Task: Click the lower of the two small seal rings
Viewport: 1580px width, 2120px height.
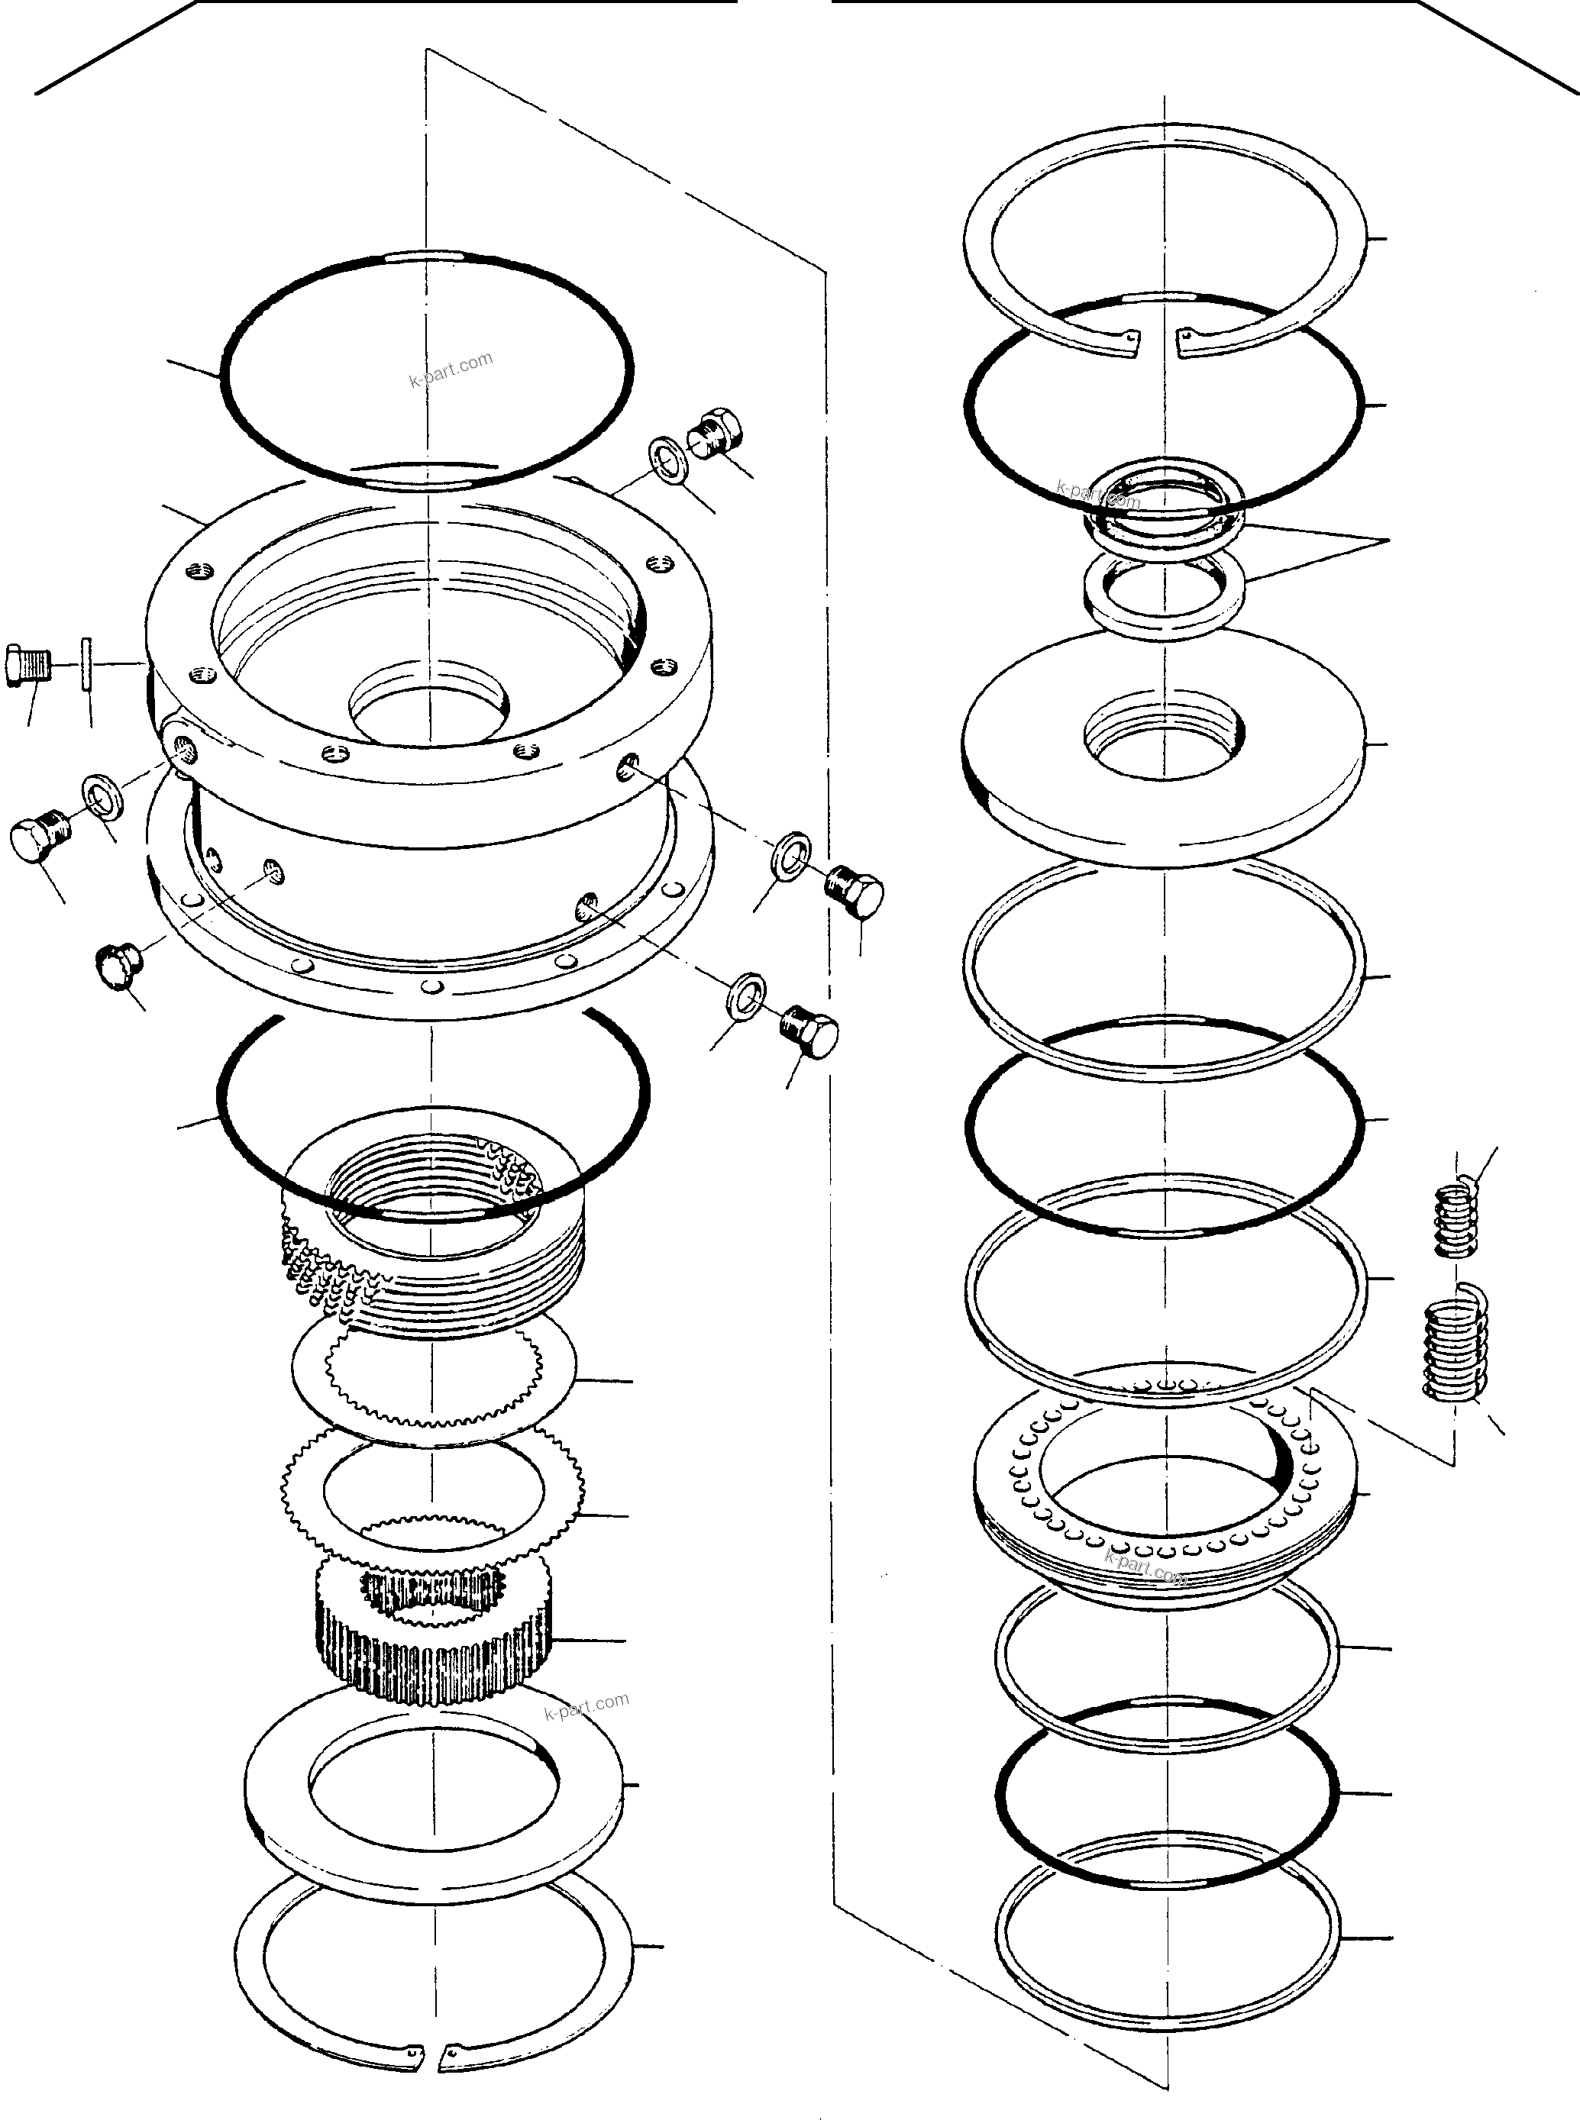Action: (1164, 595)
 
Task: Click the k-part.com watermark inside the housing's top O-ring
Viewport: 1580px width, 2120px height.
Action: (451, 369)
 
